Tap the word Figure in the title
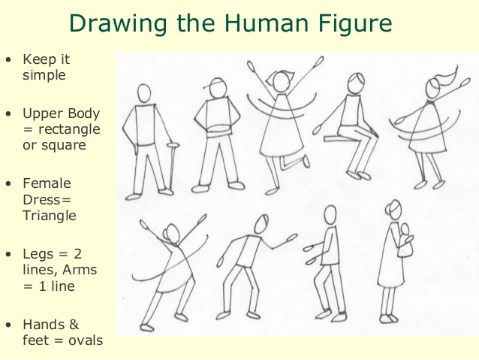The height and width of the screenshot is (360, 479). (x=355, y=23)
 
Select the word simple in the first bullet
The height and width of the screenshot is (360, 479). (x=44, y=75)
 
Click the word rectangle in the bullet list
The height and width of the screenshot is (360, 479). (x=69, y=129)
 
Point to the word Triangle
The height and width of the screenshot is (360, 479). (x=50, y=216)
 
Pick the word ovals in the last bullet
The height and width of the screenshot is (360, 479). (x=86, y=340)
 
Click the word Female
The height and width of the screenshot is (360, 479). (x=47, y=183)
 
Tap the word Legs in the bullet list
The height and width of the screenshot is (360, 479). (x=37, y=255)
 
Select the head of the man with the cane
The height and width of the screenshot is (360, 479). (x=144, y=94)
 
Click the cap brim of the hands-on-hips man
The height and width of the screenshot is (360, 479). (x=208, y=86)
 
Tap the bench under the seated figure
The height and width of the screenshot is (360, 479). (x=340, y=139)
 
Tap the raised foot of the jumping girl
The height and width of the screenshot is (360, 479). (x=306, y=161)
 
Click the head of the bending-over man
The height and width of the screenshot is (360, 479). (x=261, y=224)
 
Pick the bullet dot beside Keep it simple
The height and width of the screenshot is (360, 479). (x=8, y=59)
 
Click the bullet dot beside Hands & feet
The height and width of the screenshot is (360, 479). (x=8, y=325)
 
